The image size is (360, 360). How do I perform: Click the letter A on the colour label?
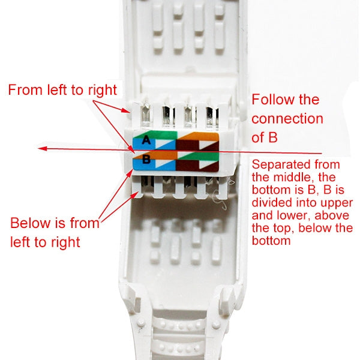[x=146, y=141]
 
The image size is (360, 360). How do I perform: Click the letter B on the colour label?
[x=146, y=160]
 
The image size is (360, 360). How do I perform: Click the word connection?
[x=287, y=118]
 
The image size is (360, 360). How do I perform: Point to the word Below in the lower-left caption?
[x=31, y=224]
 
